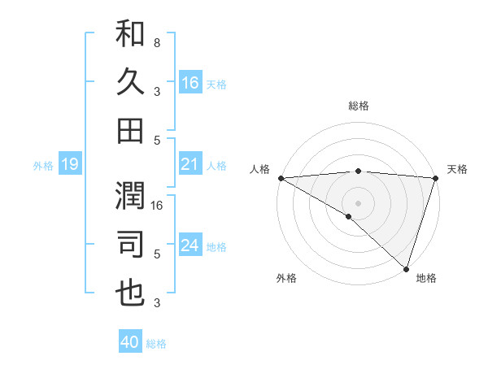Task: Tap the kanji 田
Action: pyautogui.click(x=130, y=131)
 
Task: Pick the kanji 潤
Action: pyautogui.click(x=130, y=196)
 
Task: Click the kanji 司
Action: pyautogui.click(x=130, y=245)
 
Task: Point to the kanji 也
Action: pyautogui.click(x=130, y=293)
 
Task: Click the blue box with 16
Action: pyautogui.click(x=190, y=82)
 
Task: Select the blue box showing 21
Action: pyautogui.click(x=190, y=165)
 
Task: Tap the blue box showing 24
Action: pyautogui.click(x=190, y=246)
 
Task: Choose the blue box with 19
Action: pyautogui.click(x=69, y=165)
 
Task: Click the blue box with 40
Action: pyautogui.click(x=130, y=342)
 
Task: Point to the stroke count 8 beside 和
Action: pyautogui.click(x=156, y=41)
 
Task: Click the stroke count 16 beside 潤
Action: pyautogui.click(x=157, y=205)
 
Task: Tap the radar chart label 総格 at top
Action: pyautogui.click(x=358, y=106)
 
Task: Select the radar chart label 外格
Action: pyautogui.click(x=286, y=278)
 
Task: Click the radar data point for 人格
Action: pyautogui.click(x=281, y=178)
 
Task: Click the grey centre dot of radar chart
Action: pyautogui.click(x=358, y=202)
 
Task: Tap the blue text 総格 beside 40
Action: pyautogui.click(x=157, y=344)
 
